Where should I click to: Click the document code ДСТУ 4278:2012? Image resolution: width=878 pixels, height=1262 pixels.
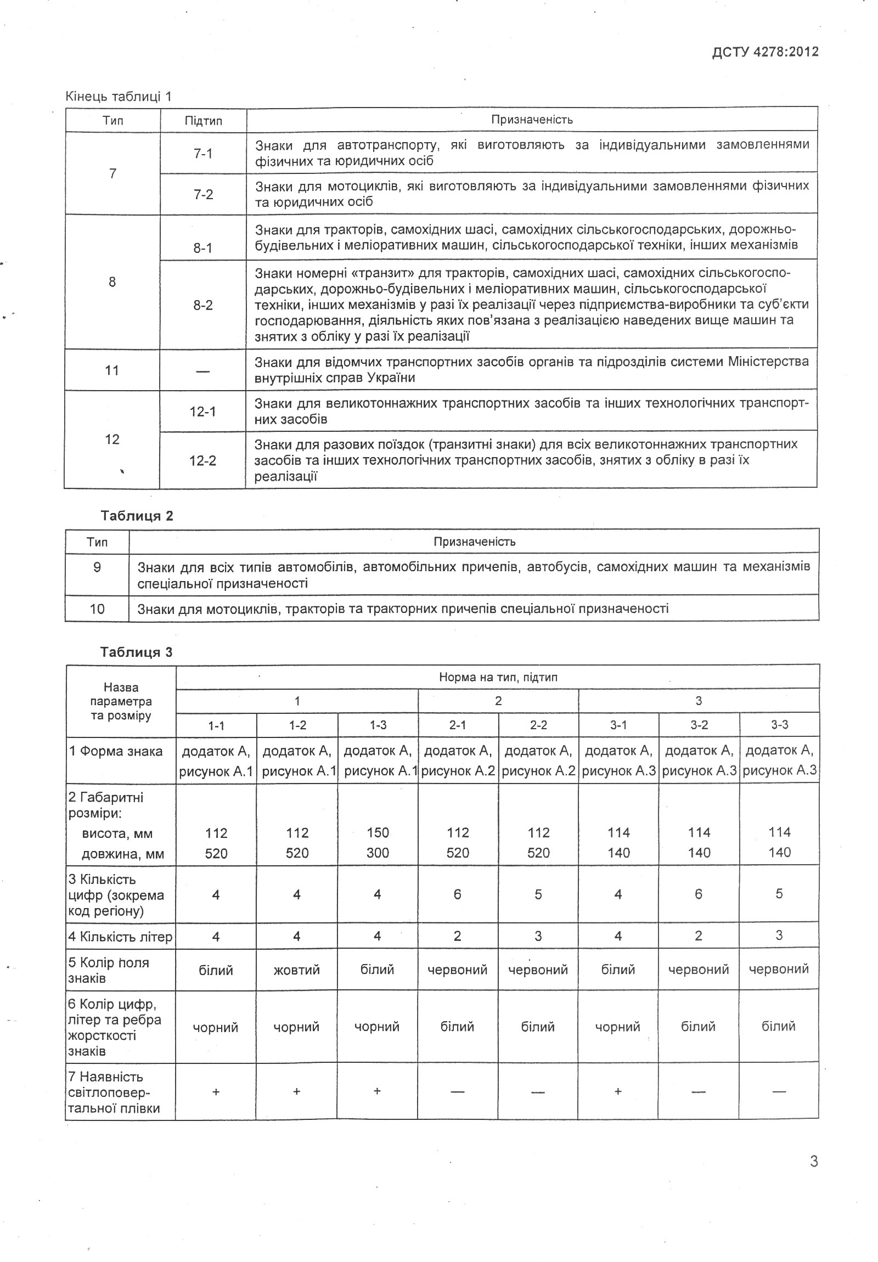pos(765,52)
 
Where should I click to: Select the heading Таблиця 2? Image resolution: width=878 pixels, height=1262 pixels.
pos(136,516)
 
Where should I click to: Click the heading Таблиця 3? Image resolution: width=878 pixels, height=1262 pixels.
pos(136,652)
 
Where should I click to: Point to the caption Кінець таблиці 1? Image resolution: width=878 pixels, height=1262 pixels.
pos(119,97)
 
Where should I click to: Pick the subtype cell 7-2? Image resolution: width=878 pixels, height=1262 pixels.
pos(203,194)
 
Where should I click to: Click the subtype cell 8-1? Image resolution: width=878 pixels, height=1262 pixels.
pos(203,248)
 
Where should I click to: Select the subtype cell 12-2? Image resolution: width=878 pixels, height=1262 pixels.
pos(203,460)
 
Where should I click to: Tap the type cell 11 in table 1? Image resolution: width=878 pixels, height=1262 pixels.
pos(112,370)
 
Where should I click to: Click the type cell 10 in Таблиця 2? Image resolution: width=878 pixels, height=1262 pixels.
pos(97,609)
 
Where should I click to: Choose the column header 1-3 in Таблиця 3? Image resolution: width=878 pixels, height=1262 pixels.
pos(378,725)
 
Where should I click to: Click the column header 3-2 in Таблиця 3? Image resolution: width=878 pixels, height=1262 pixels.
pos(699,725)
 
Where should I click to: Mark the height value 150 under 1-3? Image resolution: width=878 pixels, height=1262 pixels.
pos(378,832)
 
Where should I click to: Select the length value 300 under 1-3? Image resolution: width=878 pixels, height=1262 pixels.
pos(378,853)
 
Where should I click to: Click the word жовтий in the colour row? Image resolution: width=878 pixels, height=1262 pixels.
pos(296,970)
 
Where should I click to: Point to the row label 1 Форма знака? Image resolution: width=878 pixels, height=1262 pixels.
pos(116,751)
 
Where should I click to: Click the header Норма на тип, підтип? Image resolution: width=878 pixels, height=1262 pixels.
pos(498,677)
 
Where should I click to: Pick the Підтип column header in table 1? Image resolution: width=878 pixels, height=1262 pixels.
pos(203,121)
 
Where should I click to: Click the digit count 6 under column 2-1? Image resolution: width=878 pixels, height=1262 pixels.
pos(458,894)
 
